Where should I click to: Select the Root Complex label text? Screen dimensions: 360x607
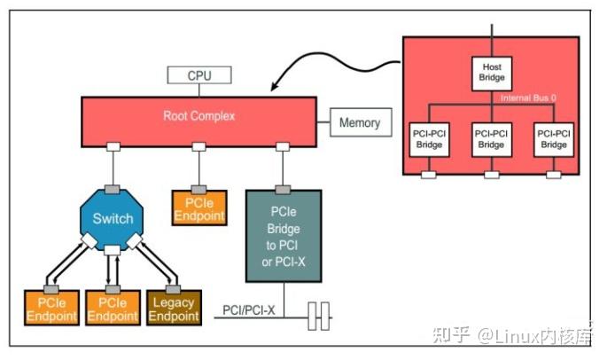(199, 116)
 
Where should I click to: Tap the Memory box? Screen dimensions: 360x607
(360, 123)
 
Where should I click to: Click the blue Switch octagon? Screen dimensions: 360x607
(113, 218)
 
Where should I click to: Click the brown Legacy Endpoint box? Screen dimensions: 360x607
(174, 309)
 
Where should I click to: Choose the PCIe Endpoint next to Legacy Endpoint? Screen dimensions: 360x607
(112, 309)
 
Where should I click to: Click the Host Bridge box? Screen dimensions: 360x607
(492, 73)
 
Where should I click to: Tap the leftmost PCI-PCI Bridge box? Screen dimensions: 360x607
(430, 137)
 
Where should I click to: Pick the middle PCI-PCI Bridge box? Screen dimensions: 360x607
(492, 137)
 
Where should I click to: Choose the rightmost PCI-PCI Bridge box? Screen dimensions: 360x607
(554, 137)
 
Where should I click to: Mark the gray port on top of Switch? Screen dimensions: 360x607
(113, 188)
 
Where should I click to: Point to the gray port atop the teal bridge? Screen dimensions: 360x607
(282, 188)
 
